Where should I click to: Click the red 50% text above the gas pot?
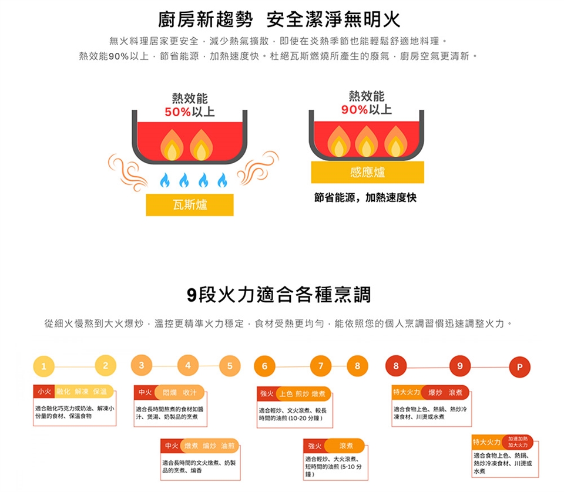tap(177, 112)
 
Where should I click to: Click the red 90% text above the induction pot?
tap(355, 109)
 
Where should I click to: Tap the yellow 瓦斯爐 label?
tap(189, 204)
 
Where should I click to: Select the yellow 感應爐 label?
tap(367, 172)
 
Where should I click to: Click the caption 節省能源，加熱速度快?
tap(365, 198)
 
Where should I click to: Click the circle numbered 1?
tap(43, 367)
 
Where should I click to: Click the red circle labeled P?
tap(519, 367)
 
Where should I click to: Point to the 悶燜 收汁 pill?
tap(180, 392)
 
